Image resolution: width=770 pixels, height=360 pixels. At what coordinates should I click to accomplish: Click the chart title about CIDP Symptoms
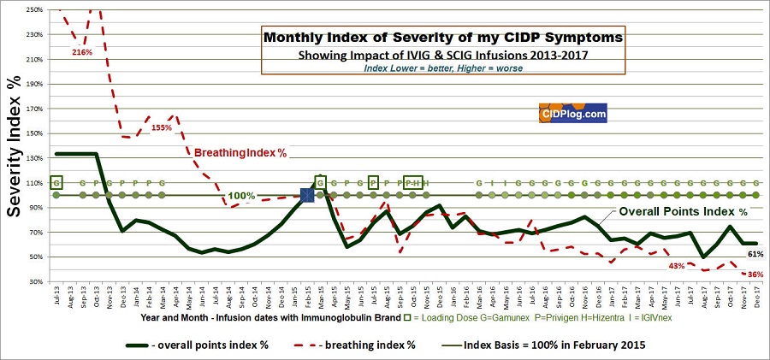tap(443, 38)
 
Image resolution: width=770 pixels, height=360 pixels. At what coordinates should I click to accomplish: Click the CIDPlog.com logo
tap(573, 113)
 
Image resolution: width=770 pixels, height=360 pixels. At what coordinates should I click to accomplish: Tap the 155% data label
tap(163, 127)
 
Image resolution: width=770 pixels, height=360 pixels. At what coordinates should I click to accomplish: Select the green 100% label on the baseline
tap(242, 196)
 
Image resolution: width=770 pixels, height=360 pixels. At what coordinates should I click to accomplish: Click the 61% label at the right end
tap(755, 254)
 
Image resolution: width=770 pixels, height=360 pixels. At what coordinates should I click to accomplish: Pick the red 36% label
tap(755, 274)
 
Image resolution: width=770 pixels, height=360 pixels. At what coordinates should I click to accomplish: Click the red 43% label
tap(677, 266)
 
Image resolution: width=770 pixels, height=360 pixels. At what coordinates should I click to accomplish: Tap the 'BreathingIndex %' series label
tap(240, 153)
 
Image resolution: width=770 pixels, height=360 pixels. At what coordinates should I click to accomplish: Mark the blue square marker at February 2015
tap(307, 196)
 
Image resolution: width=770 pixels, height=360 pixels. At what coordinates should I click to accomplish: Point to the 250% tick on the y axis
tap(34, 10)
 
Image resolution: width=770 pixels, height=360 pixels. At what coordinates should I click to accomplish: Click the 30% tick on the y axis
tap(36, 281)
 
